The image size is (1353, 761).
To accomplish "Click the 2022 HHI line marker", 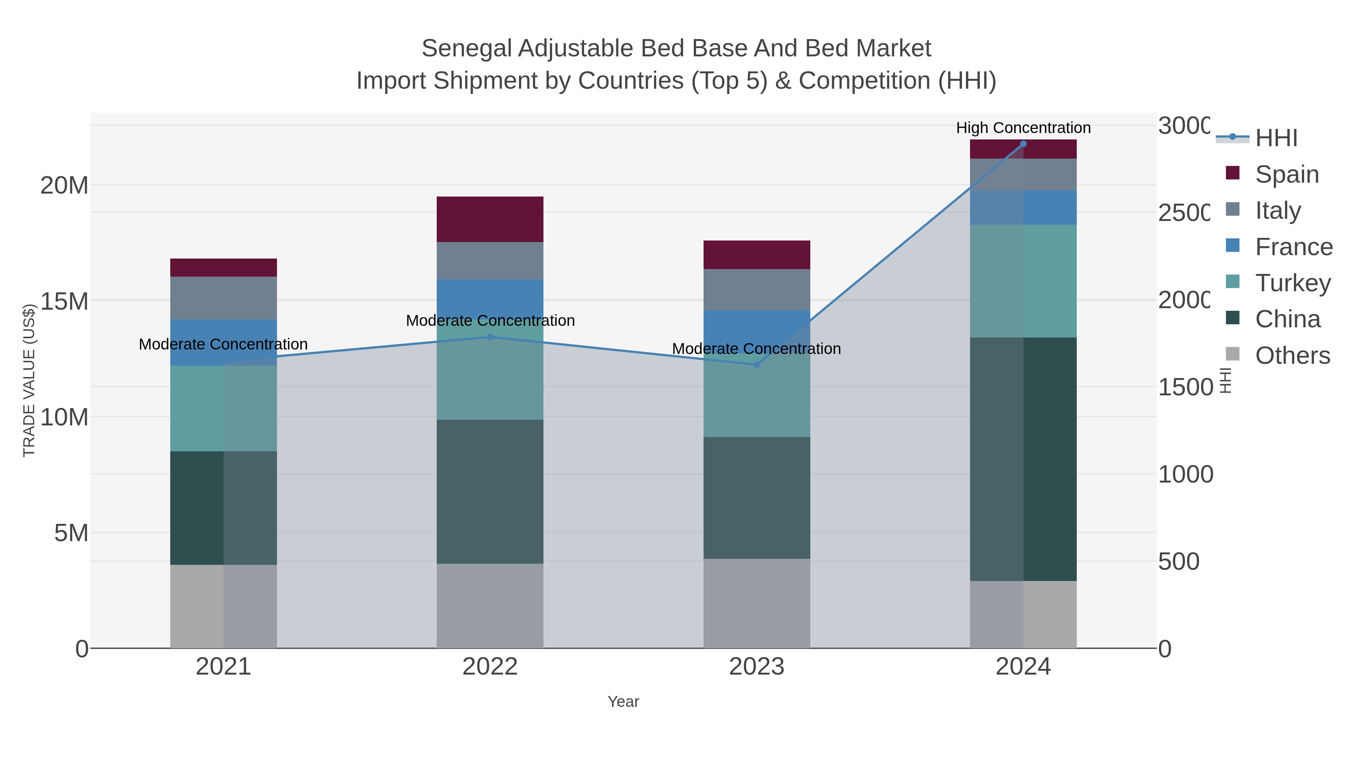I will click(490, 337).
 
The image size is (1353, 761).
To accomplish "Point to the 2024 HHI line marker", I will click(1023, 144).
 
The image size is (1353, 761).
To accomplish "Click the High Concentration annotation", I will click(1023, 128).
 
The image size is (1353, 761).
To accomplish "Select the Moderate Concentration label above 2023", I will click(756, 349).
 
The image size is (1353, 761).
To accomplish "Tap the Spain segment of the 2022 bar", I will click(490, 219).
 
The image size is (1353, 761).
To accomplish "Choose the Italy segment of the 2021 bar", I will click(223, 298).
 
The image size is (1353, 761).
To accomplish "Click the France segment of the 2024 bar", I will click(1023, 207).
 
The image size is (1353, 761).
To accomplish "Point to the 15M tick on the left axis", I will click(64, 301).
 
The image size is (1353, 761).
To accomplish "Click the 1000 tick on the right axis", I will click(1185, 474).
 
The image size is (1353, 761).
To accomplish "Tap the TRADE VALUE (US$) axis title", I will click(29, 380).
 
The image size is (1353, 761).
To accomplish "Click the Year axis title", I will click(624, 702).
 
